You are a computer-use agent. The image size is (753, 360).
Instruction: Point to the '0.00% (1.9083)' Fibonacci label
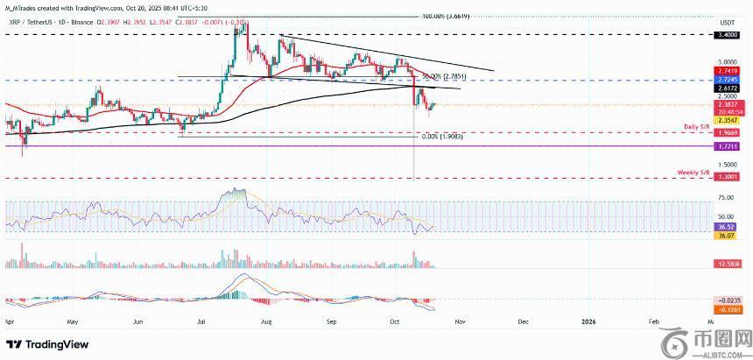441,138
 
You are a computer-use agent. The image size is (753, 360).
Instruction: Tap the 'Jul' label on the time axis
202,322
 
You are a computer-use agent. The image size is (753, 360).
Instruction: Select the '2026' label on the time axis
588,322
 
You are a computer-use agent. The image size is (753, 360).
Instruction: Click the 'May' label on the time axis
73,322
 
